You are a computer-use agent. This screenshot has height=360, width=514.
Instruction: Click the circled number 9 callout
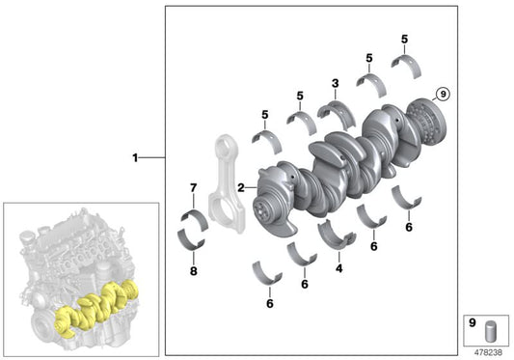[443, 95]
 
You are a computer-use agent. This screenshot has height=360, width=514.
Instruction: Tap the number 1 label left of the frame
[135, 158]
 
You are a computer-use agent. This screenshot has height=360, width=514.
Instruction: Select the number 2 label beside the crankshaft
[241, 187]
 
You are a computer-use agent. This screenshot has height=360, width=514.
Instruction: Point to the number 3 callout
[335, 83]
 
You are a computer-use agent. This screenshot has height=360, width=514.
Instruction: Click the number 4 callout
[338, 268]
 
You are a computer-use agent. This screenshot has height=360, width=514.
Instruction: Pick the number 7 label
[194, 188]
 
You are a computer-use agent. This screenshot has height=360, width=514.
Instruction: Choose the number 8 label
[194, 271]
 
